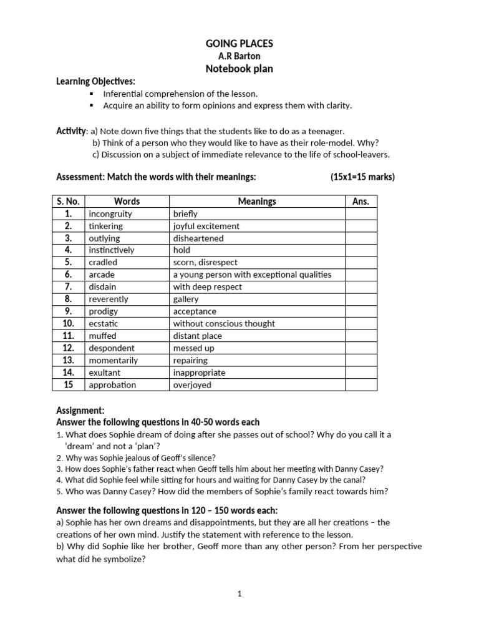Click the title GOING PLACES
click(239, 43)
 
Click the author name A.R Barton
click(239, 56)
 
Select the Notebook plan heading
click(239, 69)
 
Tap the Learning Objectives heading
click(95, 82)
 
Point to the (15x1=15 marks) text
click(362, 177)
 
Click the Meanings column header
click(257, 202)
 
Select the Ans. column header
click(360, 202)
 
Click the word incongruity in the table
click(110, 213)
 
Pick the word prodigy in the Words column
click(103, 311)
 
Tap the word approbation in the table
click(112, 385)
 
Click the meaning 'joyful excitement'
click(206, 226)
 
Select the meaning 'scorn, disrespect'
click(205, 263)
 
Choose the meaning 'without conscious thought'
click(224, 324)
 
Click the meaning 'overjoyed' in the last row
click(192, 385)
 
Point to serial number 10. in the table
click(69, 324)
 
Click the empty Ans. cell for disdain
click(360, 287)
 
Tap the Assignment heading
click(80, 411)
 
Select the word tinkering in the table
click(106, 226)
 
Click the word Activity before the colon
click(71, 130)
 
